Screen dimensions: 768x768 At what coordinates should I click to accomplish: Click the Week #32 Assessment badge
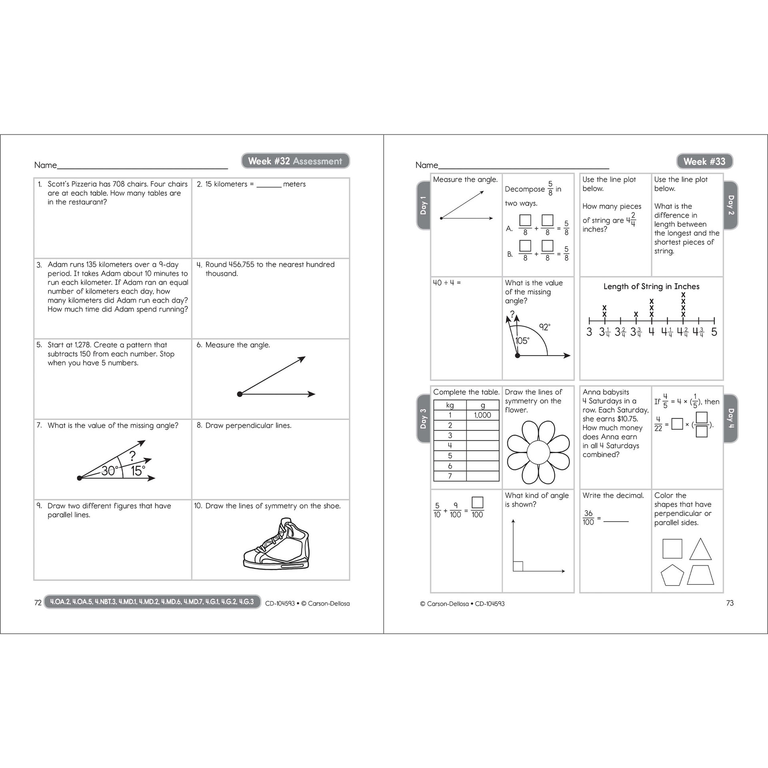coord(295,161)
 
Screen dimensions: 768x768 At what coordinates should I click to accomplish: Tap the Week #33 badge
coord(704,161)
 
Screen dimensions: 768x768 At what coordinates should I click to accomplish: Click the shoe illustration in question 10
coord(276,544)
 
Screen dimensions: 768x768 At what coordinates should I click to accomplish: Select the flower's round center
coord(538,452)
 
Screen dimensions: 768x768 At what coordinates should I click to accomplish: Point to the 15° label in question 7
coord(138,471)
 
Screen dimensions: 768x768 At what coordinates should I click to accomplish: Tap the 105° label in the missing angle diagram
coord(522,341)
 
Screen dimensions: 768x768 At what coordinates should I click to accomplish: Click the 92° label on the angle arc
coord(544,327)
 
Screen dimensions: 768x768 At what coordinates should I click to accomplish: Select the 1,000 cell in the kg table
coord(482,415)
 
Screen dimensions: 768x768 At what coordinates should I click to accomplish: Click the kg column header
coord(450,405)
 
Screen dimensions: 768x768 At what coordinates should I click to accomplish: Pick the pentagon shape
coord(672,575)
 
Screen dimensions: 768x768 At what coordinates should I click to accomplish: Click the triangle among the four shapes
coord(700,550)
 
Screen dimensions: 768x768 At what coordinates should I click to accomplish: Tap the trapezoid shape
coord(701,575)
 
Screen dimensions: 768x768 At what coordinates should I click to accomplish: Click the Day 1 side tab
coord(423,205)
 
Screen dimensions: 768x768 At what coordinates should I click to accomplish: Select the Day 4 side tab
coord(730,418)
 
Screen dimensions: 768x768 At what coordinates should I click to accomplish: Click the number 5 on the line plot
coord(714,332)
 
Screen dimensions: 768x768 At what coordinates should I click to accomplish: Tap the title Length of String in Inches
coord(651,286)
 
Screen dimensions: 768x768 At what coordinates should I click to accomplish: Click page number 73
coord(730,603)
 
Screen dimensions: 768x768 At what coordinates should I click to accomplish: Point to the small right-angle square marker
coord(518,566)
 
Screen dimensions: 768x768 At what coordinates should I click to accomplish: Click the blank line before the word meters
coord(269,185)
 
